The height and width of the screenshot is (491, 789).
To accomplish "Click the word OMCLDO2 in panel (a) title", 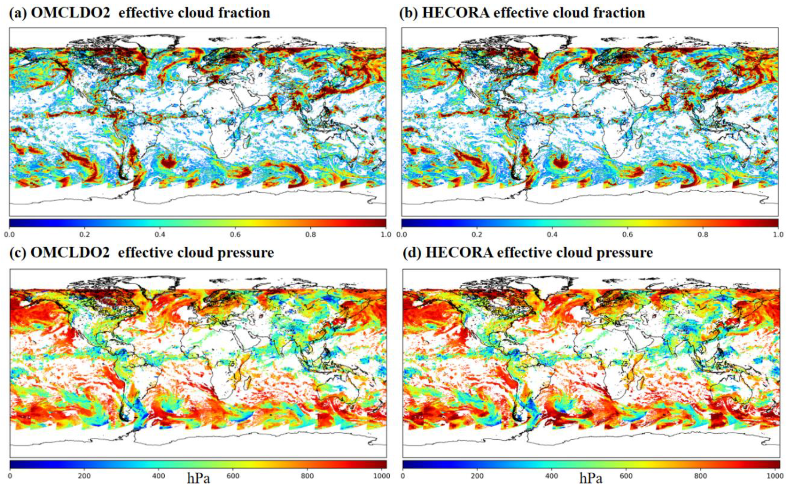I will (x=70, y=13).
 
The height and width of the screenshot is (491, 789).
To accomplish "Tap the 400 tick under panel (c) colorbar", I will (x=158, y=476).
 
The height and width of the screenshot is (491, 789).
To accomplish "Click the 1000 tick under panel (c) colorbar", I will (x=382, y=476).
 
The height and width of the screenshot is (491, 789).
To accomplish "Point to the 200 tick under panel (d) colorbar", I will (x=477, y=476).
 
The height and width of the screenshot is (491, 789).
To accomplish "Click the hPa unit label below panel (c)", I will (x=198, y=479).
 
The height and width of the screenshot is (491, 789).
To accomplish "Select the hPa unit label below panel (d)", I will (x=591, y=479).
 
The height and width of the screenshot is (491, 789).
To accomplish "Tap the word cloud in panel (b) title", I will (x=559, y=13).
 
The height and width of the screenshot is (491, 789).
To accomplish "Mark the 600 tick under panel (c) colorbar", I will (x=233, y=476).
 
